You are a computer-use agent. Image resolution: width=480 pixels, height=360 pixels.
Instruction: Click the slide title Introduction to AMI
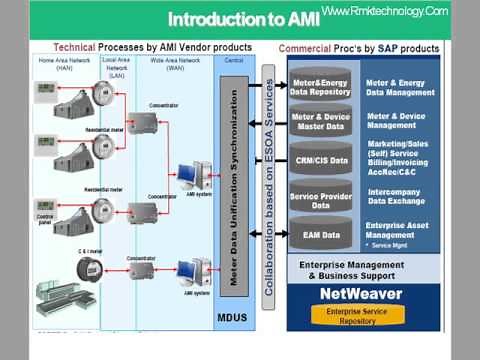[242, 19]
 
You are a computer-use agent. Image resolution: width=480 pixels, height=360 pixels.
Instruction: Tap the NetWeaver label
[362, 294]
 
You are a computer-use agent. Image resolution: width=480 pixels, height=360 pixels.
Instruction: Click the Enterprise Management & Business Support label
[361, 269]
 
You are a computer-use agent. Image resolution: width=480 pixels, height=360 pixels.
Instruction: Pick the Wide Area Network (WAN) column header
[170, 61]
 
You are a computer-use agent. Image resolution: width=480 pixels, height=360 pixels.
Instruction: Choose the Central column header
[234, 61]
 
